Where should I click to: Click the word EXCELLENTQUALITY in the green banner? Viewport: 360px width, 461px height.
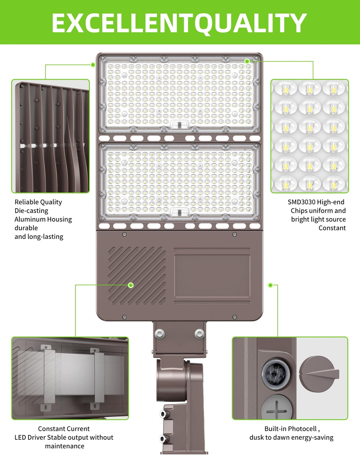(179, 23)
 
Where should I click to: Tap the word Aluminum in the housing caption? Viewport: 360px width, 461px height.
(29, 219)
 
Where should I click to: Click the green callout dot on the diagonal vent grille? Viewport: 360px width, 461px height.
(131, 285)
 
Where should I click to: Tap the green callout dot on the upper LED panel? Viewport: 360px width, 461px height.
(247, 61)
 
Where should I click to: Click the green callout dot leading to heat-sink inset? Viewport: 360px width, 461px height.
(93, 65)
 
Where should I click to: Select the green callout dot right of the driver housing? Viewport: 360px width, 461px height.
(270, 285)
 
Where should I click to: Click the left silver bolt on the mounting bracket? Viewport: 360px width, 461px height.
(160, 334)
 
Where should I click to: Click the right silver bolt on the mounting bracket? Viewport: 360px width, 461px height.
(199, 334)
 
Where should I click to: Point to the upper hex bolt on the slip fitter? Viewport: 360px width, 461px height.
(163, 414)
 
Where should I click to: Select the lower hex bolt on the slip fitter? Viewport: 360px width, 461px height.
(163, 438)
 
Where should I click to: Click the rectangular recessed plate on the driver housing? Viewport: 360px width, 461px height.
(212, 276)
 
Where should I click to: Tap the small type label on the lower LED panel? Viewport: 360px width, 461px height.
(180, 213)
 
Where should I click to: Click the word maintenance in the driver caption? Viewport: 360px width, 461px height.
(65, 446)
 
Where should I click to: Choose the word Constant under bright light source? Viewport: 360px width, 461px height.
(332, 228)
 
